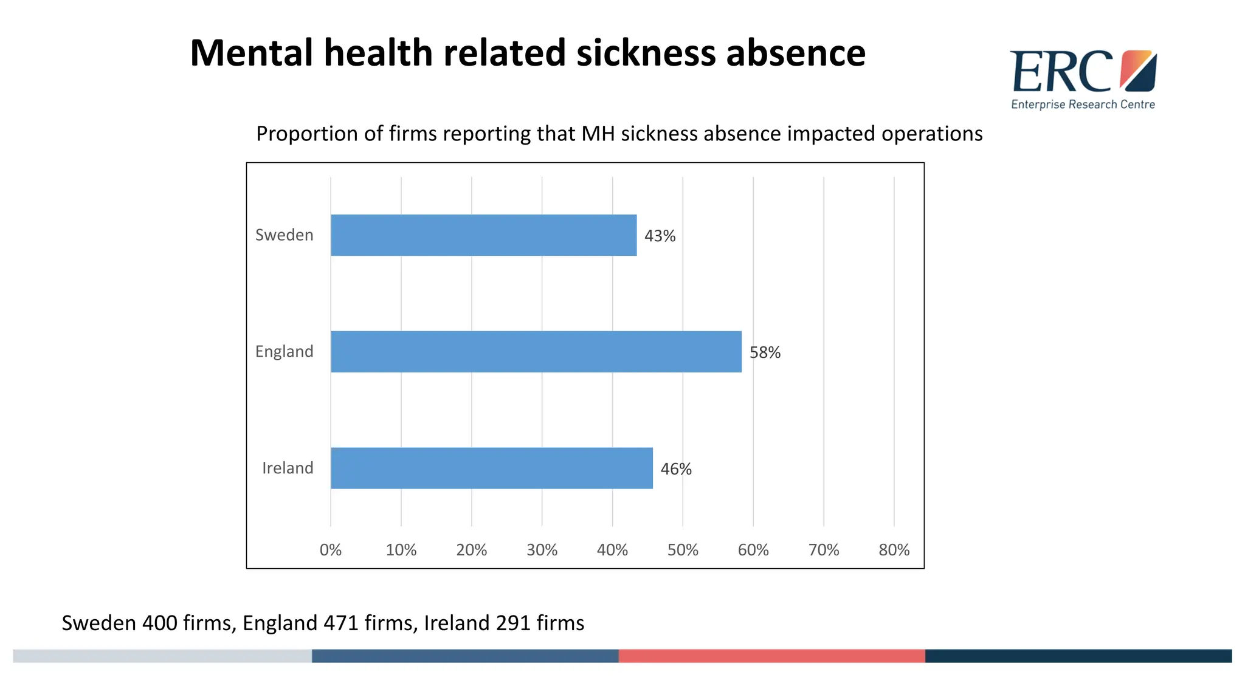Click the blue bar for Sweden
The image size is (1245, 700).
[483, 235]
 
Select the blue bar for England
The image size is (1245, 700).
[536, 352]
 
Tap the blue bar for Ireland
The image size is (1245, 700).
[491, 468]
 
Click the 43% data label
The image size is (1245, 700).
[660, 236]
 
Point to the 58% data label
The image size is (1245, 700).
[765, 352]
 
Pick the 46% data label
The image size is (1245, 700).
[676, 469]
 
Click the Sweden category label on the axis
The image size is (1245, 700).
[284, 235]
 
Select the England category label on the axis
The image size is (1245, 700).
[284, 352]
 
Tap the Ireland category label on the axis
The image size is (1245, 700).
[288, 468]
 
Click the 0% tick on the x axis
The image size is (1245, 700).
[330, 550]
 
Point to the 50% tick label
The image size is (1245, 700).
[683, 550]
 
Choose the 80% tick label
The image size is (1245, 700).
[894, 550]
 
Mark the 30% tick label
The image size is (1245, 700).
[542, 550]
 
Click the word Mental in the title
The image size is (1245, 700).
[251, 53]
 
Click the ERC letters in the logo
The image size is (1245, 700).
[1061, 72]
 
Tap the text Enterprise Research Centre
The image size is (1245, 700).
[1083, 105]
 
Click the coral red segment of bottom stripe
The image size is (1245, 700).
[771, 656]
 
